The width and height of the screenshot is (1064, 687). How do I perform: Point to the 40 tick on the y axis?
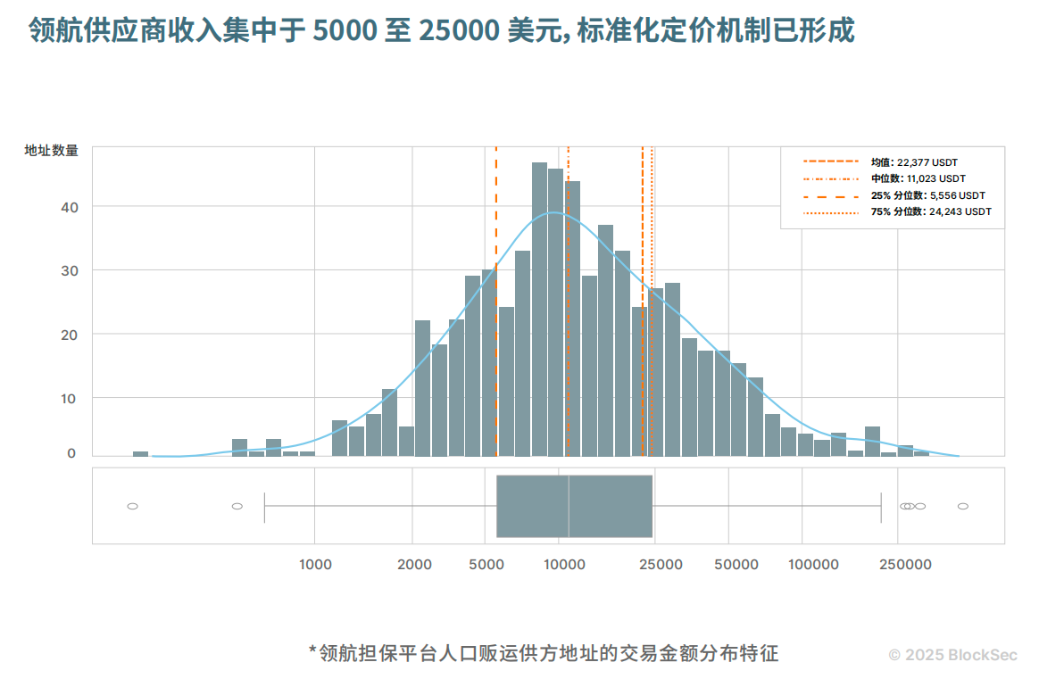(x=70, y=207)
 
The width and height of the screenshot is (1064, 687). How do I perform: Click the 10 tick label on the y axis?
(x=70, y=397)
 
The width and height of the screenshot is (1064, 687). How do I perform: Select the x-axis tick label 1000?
(x=315, y=565)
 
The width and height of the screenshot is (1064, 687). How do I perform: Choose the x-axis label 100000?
(x=812, y=565)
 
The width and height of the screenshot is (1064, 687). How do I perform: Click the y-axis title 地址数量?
(x=51, y=151)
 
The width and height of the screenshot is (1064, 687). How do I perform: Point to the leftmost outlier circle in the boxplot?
(x=132, y=506)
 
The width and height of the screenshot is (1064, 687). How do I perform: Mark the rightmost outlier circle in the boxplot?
(x=963, y=506)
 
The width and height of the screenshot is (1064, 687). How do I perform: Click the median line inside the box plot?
(x=569, y=506)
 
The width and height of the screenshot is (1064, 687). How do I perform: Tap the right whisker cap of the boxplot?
(x=881, y=506)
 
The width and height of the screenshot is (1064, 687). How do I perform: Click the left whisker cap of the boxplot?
(x=264, y=506)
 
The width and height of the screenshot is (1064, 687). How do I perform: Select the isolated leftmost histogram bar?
(x=140, y=453)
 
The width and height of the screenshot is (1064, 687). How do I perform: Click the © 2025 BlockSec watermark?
(x=952, y=655)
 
